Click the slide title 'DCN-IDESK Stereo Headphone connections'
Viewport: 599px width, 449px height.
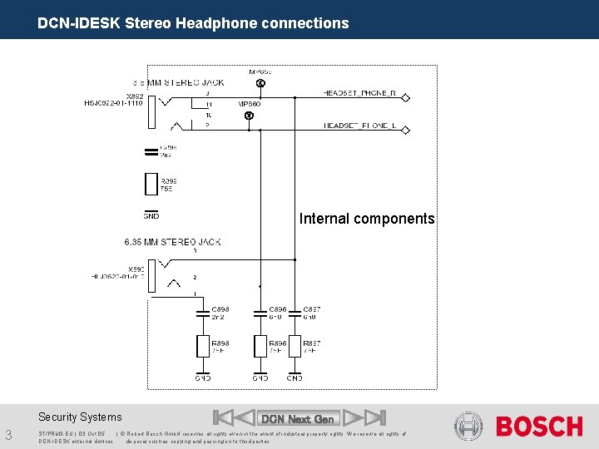coord(193,23)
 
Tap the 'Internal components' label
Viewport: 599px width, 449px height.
coord(367,219)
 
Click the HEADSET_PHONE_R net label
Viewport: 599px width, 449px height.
coord(359,93)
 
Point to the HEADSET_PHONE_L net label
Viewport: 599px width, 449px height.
coord(359,126)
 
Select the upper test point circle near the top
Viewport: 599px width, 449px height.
coord(260,85)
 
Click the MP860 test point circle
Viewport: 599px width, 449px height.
coord(249,116)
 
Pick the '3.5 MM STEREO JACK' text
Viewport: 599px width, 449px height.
coord(178,82)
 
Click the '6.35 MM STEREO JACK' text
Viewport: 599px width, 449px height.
coord(172,242)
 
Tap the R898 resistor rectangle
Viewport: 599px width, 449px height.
coord(202,346)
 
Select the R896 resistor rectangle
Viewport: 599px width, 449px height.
coord(260,346)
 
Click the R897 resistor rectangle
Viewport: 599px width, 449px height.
coord(294,346)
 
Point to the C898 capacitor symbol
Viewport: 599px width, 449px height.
coord(202,313)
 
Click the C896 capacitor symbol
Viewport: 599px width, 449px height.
coord(260,313)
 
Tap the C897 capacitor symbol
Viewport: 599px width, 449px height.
coord(294,313)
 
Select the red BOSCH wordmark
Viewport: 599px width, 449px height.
coord(539,427)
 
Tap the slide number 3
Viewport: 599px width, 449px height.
coord(8,434)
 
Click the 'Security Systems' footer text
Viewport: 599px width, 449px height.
coord(80,417)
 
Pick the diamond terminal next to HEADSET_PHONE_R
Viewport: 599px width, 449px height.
coord(405,97)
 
